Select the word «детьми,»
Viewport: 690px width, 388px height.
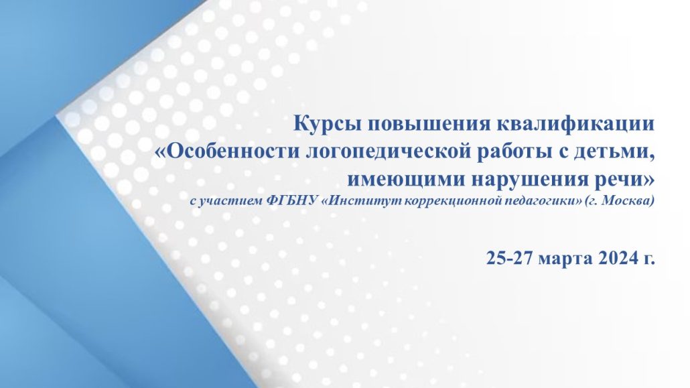pyautogui.click(x=614, y=152)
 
